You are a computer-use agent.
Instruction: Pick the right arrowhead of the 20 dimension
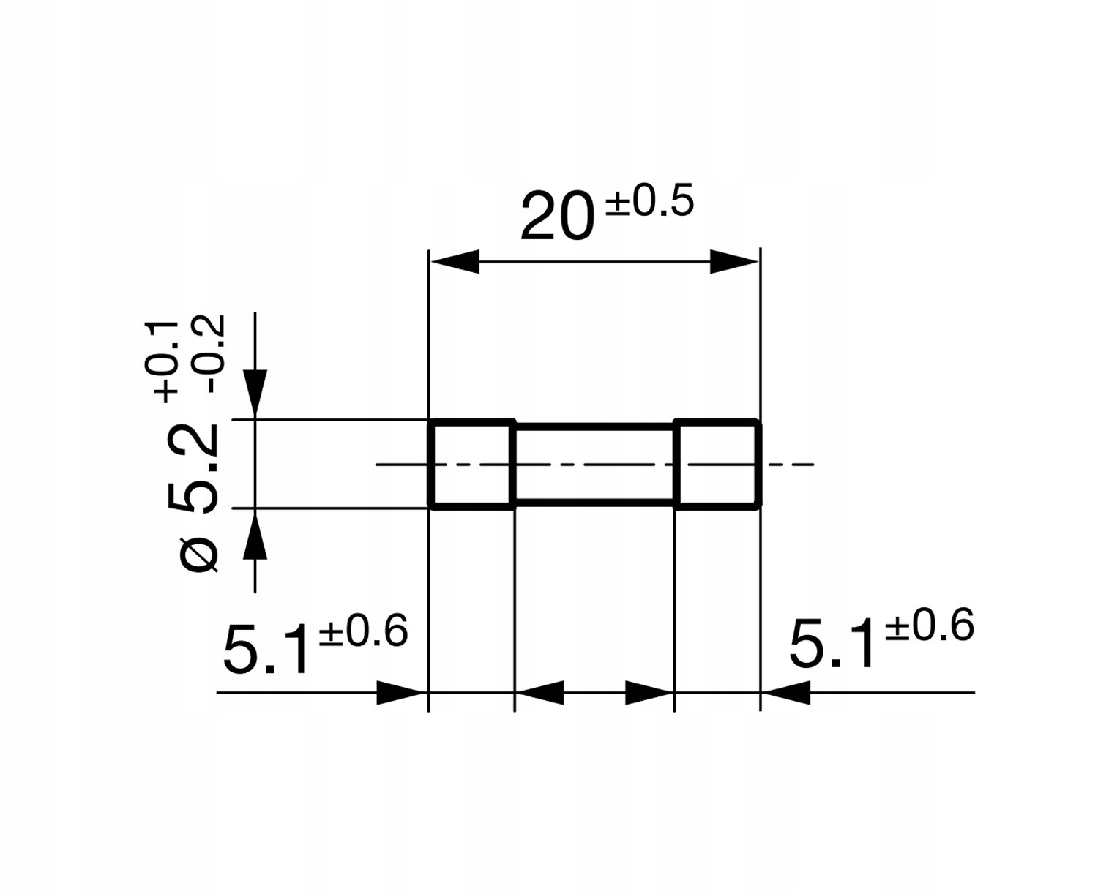click(x=733, y=261)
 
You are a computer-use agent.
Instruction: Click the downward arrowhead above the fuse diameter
click(x=255, y=395)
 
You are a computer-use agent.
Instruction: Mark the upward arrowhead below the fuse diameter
click(x=255, y=534)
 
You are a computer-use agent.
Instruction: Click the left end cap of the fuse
click(x=471, y=464)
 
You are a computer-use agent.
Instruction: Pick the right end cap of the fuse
click(x=717, y=464)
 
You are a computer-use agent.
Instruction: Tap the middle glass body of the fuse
click(x=594, y=464)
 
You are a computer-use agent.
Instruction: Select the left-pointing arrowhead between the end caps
click(x=540, y=692)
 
